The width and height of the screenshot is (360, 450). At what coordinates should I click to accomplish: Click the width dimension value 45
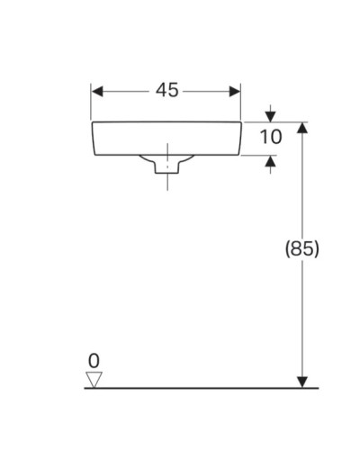click(166, 90)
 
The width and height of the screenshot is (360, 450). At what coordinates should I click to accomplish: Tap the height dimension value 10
click(271, 138)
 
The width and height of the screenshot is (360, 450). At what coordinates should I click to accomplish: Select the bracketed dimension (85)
click(301, 247)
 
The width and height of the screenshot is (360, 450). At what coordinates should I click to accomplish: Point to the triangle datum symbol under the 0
click(94, 379)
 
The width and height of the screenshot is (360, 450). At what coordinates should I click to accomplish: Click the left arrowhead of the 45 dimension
click(98, 91)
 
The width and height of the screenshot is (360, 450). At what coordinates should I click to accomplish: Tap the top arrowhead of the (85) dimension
click(302, 129)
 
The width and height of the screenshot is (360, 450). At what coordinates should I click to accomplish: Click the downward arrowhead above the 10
click(271, 117)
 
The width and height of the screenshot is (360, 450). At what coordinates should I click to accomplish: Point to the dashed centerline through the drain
click(166, 151)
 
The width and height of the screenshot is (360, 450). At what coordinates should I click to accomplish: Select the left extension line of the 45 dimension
click(92, 103)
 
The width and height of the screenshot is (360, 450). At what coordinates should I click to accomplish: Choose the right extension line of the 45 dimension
click(241, 103)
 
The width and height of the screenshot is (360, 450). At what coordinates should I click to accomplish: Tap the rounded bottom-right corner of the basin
click(237, 150)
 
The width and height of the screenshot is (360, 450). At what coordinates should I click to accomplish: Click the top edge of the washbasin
click(166, 122)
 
